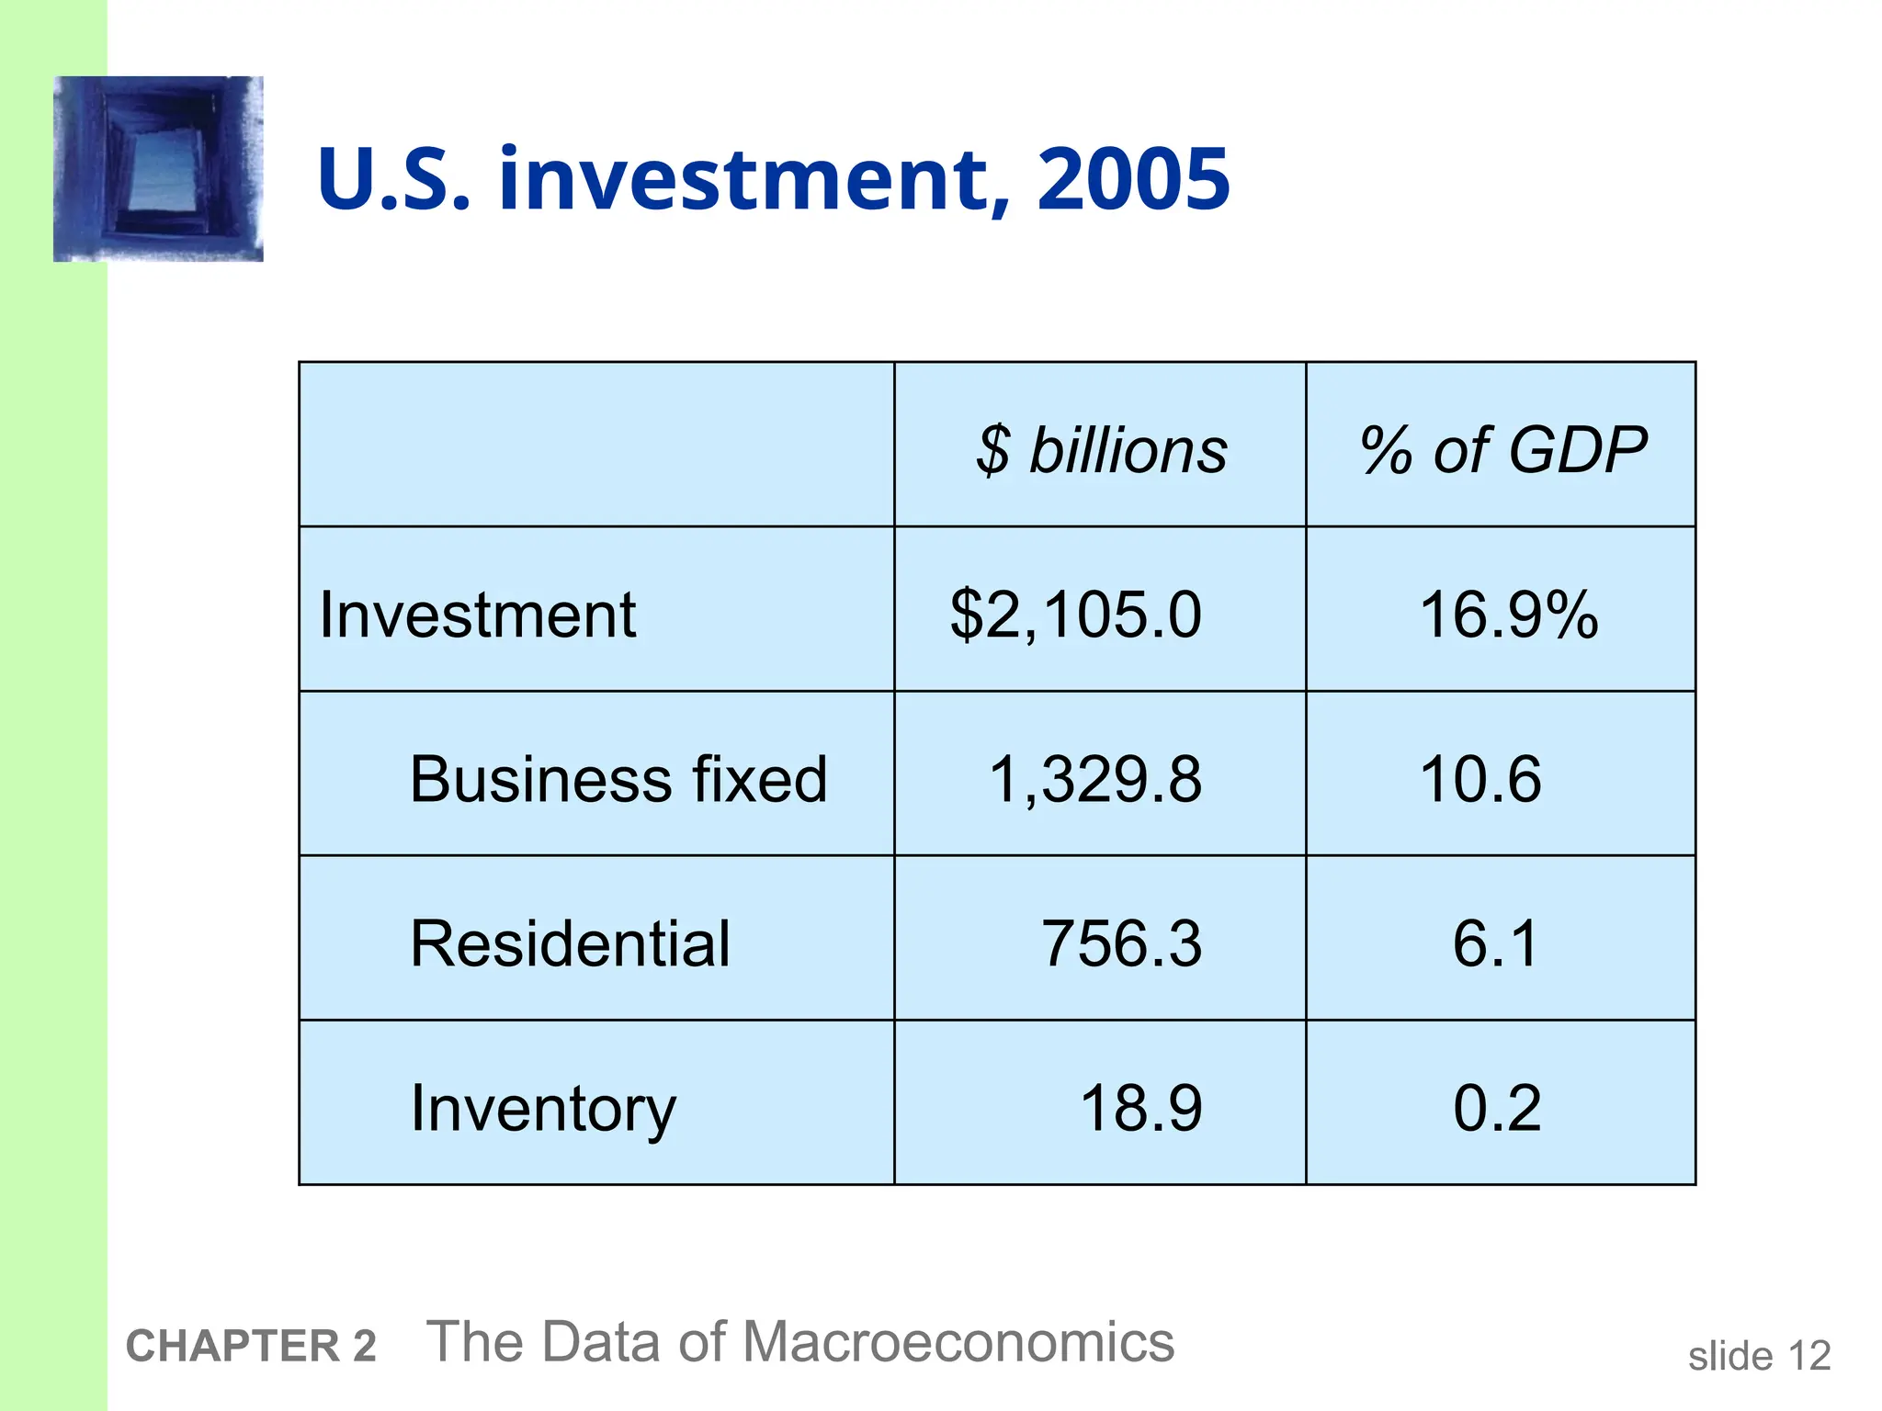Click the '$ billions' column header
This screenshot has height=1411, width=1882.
pyautogui.click(x=1101, y=450)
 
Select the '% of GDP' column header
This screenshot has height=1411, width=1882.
pyautogui.click(x=1502, y=450)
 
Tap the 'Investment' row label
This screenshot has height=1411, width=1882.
pyautogui.click(x=478, y=615)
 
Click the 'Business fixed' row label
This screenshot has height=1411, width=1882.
pyautogui.click(x=618, y=779)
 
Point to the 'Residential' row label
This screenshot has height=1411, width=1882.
pyautogui.click(x=570, y=943)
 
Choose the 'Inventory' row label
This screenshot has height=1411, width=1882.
pyautogui.click(x=543, y=1108)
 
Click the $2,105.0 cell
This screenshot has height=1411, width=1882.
pyautogui.click(x=1075, y=615)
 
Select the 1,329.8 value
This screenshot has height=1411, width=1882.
pyautogui.click(x=1094, y=779)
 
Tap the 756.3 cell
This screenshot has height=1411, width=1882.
pyautogui.click(x=1121, y=943)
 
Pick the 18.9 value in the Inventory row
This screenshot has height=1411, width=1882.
pyautogui.click(x=1140, y=1108)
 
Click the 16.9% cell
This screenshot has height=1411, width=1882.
pyautogui.click(x=1508, y=615)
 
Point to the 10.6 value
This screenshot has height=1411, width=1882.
pyautogui.click(x=1480, y=779)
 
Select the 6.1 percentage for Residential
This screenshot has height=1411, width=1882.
pyautogui.click(x=1495, y=943)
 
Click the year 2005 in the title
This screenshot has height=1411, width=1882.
pyautogui.click(x=1133, y=178)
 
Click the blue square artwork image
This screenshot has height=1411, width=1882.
pyautogui.click(x=158, y=169)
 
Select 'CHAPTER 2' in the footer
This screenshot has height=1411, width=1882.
pyautogui.click(x=251, y=1346)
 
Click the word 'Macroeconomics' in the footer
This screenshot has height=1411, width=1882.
pyautogui.click(x=958, y=1341)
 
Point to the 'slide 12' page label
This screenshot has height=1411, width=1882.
pyautogui.click(x=1759, y=1356)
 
